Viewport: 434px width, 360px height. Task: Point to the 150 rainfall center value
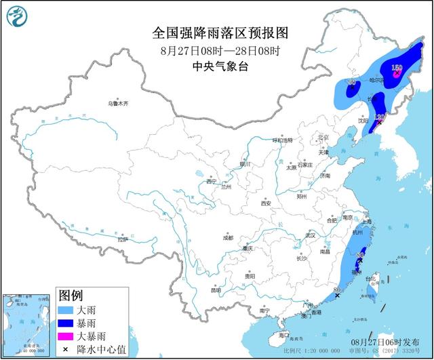(x=397, y=67)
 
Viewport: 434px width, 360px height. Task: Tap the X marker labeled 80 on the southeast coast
(x=337, y=295)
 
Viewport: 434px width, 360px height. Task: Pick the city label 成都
(x=226, y=238)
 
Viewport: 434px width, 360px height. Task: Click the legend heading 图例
(x=71, y=296)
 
